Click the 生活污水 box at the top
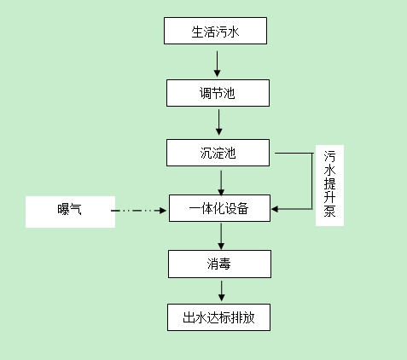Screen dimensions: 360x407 [217, 32]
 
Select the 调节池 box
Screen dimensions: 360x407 [218, 92]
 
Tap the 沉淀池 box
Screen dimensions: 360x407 [218, 153]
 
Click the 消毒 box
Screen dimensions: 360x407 [219, 264]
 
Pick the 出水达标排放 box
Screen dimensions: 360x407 [219, 318]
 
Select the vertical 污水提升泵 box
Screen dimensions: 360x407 [330, 186]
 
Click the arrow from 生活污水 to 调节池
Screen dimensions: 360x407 [218, 62]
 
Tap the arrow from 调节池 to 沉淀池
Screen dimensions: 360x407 [219, 122]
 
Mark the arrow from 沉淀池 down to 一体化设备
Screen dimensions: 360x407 [221, 181]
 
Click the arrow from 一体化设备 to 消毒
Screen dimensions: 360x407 [221, 235]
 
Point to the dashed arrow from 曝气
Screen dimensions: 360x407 [141, 209]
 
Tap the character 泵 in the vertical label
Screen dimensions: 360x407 [330, 213]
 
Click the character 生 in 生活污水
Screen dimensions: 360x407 [197, 32]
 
